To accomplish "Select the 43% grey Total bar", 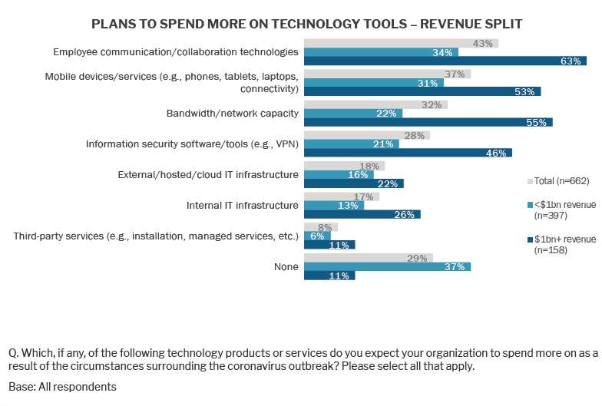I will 401,43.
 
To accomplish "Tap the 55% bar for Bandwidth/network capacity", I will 428,122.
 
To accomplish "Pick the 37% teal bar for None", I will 387,266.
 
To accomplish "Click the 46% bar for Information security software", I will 408,153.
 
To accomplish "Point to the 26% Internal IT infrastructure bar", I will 362,214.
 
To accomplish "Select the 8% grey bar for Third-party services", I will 321,227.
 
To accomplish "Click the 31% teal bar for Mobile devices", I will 367,82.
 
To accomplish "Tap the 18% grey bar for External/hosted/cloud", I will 344,166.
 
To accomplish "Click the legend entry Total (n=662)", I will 561,181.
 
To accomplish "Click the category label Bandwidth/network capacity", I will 232,113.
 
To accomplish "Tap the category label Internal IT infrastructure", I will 242,205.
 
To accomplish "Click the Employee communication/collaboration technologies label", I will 175,52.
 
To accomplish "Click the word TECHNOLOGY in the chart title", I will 295,24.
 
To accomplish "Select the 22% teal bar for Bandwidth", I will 353,113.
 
